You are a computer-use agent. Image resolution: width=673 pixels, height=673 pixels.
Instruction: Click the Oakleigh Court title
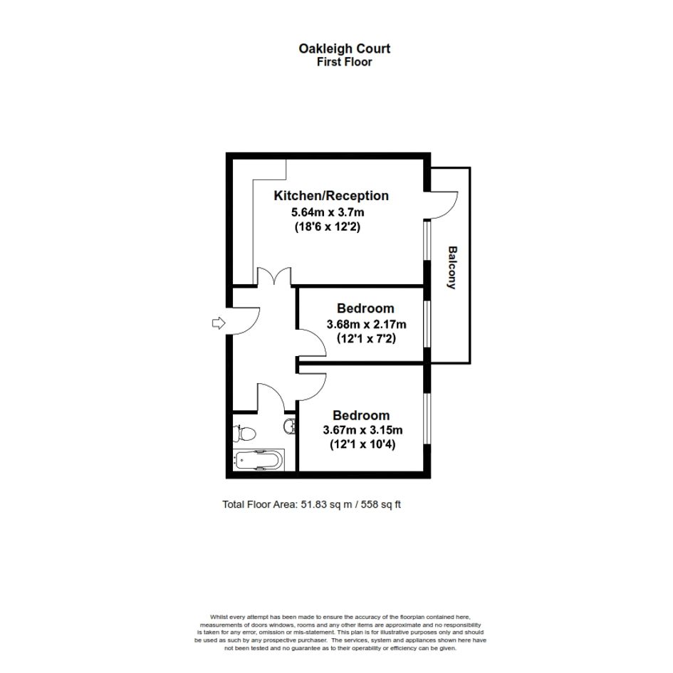tap(344, 49)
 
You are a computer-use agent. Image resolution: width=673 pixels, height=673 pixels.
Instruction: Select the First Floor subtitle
tap(344, 62)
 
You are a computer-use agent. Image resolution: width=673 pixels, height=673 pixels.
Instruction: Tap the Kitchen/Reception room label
tap(331, 196)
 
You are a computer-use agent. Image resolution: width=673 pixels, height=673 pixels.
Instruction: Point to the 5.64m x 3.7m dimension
tap(328, 212)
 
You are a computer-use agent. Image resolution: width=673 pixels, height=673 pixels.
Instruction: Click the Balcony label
tap(452, 267)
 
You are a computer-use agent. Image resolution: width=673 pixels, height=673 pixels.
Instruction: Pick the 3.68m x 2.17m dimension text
tap(366, 324)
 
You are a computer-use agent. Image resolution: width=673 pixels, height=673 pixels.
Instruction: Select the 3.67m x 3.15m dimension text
tap(362, 429)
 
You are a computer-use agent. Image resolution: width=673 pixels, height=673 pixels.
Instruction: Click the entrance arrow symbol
tap(219, 323)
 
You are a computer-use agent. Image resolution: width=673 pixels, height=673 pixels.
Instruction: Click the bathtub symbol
tap(259, 460)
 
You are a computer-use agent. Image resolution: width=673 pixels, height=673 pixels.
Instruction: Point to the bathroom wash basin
tap(290, 426)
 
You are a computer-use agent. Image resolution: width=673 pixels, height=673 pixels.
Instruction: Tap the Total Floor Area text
tap(311, 504)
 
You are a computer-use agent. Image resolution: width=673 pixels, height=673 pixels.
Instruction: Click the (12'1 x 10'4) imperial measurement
tap(362, 444)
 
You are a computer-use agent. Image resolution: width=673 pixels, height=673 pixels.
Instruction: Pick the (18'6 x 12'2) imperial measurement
tap(328, 226)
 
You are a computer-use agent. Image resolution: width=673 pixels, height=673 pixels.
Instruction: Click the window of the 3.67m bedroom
tap(427, 418)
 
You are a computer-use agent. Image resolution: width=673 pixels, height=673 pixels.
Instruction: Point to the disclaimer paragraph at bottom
tap(340, 632)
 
